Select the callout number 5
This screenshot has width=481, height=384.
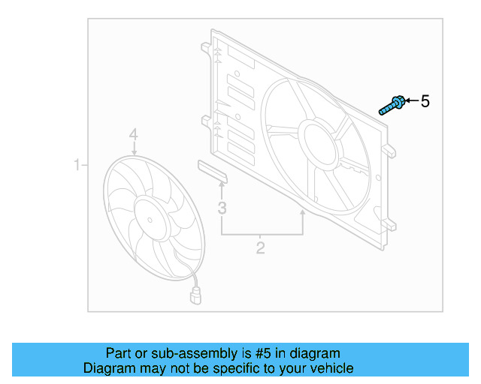425,101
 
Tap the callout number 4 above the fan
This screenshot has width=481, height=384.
133,134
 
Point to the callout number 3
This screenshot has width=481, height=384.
222,208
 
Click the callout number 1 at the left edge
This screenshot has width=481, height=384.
77,164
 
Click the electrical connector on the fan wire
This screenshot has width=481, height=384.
197,296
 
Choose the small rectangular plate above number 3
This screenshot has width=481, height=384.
213,169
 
